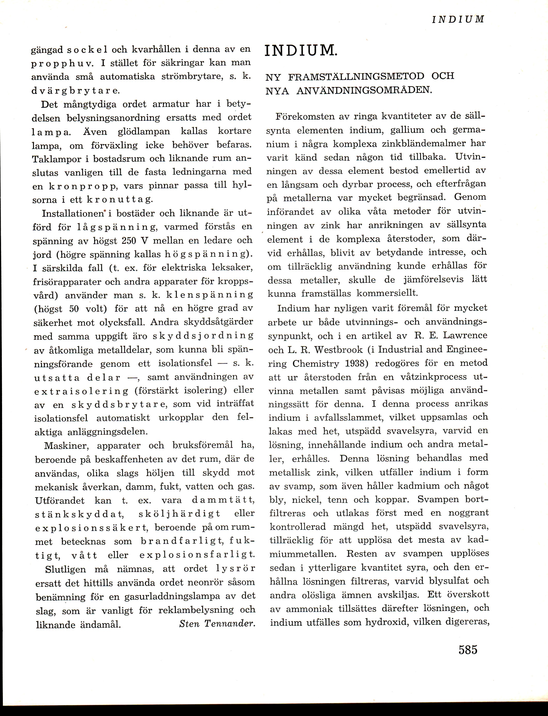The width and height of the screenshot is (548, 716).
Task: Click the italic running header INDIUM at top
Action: coord(458,19)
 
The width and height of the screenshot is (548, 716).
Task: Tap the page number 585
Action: coord(468,649)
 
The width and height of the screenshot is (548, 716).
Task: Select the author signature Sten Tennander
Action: coord(217,624)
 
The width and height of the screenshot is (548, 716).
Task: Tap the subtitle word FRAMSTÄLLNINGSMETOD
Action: coord(357,76)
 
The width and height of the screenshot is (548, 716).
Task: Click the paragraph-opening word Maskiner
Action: coord(64,445)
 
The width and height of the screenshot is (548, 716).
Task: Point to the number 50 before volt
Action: coord(74,309)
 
